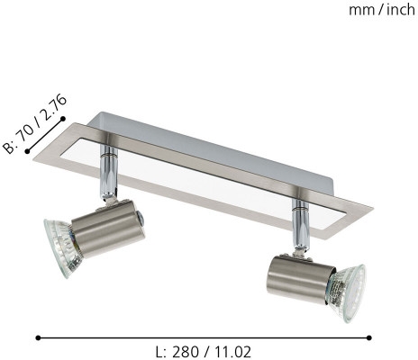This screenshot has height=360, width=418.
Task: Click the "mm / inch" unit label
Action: [382, 10]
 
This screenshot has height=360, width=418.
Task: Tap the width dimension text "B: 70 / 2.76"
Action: [34, 124]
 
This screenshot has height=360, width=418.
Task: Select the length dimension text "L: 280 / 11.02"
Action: [204, 352]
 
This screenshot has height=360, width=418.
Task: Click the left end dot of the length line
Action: [38, 337]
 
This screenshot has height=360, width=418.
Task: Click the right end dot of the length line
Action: [369, 337]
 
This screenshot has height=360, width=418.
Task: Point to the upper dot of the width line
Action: [63, 119]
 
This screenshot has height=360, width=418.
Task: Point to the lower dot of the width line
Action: [27, 151]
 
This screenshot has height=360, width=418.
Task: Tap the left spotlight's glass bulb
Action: [61, 247]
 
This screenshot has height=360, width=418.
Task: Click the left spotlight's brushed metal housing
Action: [108, 229]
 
